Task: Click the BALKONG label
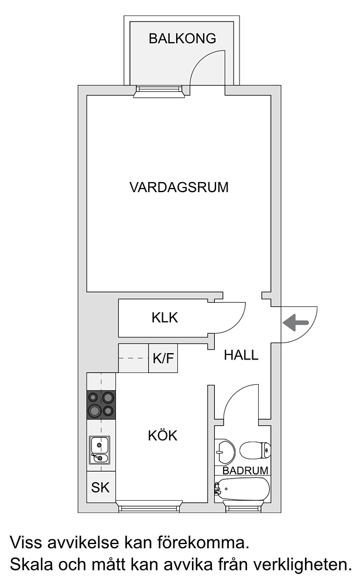pos(182,38)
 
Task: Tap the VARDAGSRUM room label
pos(179,187)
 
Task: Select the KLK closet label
pos(164,317)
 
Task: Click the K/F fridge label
pos(163,358)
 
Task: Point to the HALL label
pos(241,355)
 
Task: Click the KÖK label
pos(162,435)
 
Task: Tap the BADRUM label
pos(246,470)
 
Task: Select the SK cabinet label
pos(101,487)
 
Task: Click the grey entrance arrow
pos(296,323)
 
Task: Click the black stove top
pos(101,405)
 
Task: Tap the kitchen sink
pos(100,450)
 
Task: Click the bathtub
pos(242,488)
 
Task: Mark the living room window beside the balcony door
pos(160,91)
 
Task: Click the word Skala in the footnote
pos(31,565)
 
